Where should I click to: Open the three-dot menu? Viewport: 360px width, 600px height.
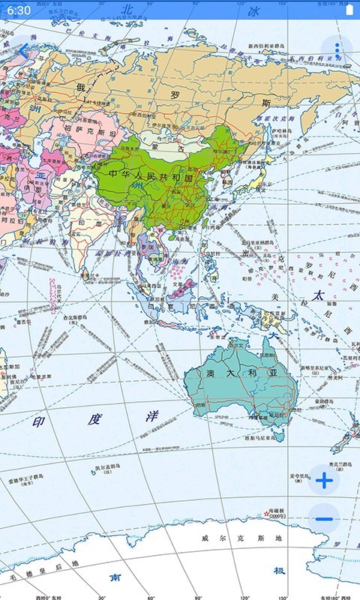coord(337,51)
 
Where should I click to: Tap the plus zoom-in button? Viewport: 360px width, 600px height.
coord(324,481)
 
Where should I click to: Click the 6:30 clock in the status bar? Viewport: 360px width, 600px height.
coord(19,10)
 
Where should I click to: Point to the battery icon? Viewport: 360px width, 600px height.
coord(349,10)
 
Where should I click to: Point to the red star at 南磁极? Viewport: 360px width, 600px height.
coord(266,514)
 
